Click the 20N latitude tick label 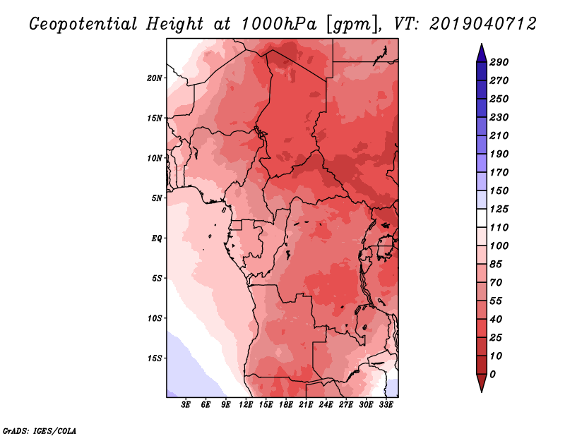pyautogui.click(x=155, y=78)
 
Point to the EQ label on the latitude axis pyautogui.click(x=157, y=238)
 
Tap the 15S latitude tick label pyautogui.click(x=155, y=358)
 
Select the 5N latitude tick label pyautogui.click(x=157, y=198)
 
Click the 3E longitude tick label pyautogui.click(x=186, y=405)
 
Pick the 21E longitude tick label pyautogui.click(x=306, y=405)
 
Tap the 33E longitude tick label pyautogui.click(x=386, y=405)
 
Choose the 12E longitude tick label pyautogui.click(x=246, y=405)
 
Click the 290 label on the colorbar pyautogui.click(x=499, y=62)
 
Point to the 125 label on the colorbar pyautogui.click(x=499, y=209)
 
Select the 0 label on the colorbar pyautogui.click(x=492, y=375)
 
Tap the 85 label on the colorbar pyautogui.click(x=496, y=265)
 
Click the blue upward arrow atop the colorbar pyautogui.click(x=482, y=54)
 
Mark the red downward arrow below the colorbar pyautogui.click(x=482, y=383)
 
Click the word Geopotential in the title pyautogui.click(x=83, y=24)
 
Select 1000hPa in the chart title pyautogui.click(x=279, y=24)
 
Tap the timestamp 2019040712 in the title pyautogui.click(x=483, y=24)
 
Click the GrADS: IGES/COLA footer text pyautogui.click(x=40, y=430)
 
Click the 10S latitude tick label pyautogui.click(x=155, y=318)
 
